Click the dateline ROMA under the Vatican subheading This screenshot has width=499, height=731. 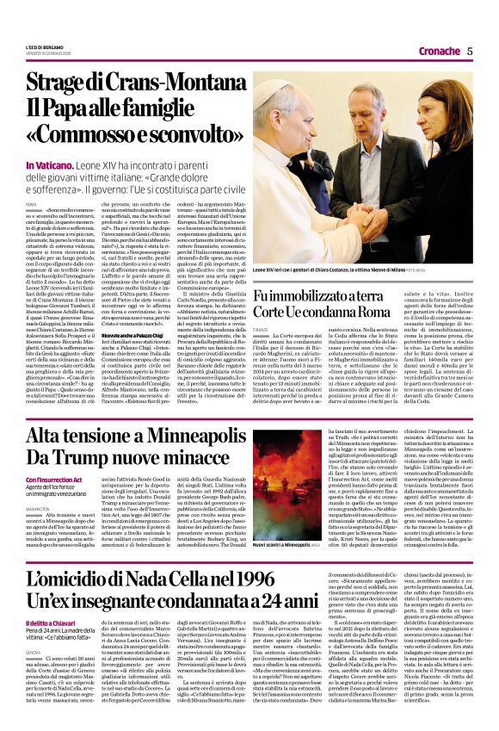(x=32, y=202)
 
